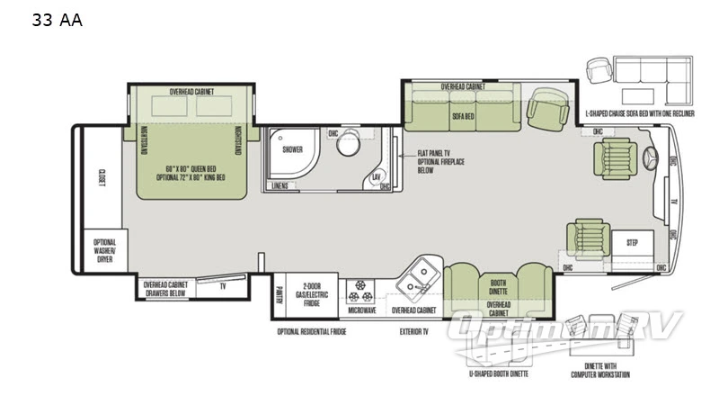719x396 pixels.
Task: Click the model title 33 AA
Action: (57, 21)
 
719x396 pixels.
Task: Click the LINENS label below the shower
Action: (280, 185)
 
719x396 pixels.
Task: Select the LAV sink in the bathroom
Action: (377, 176)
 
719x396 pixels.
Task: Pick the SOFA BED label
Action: (463, 116)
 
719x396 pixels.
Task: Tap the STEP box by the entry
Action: (632, 243)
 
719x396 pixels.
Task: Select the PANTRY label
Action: (279, 295)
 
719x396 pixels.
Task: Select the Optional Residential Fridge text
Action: (311, 331)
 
